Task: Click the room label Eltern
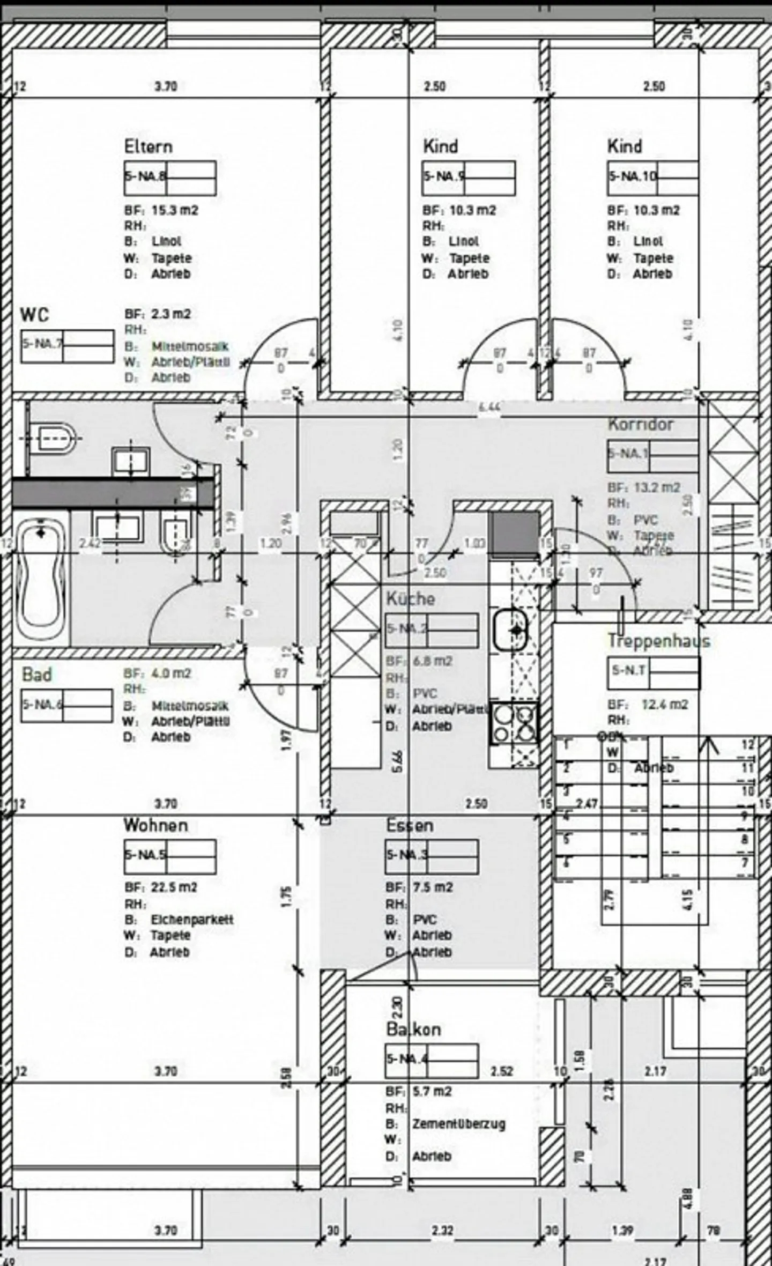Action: [x=148, y=146]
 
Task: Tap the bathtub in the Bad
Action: [x=41, y=578]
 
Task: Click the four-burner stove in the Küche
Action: [x=514, y=722]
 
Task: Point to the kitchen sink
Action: [x=510, y=630]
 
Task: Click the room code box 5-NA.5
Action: [x=170, y=856]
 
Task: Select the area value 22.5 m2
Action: [x=174, y=887]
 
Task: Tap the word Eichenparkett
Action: [x=192, y=919]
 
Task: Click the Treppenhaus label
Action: [x=658, y=641]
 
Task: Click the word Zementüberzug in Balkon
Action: [x=458, y=1124]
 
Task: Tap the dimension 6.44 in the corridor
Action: [x=488, y=407]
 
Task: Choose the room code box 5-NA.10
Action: [x=652, y=177]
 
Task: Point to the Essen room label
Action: [x=410, y=825]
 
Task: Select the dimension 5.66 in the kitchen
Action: [x=397, y=761]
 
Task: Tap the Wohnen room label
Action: [x=155, y=825]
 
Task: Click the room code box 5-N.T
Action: [x=652, y=672]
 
